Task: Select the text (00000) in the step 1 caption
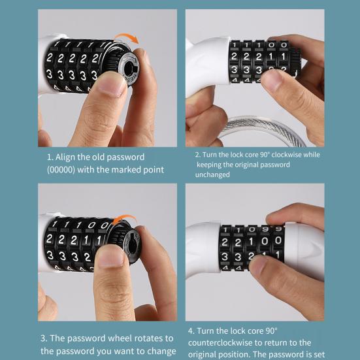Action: point(65,170)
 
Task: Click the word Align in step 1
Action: point(69,157)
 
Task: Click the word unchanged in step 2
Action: point(212,174)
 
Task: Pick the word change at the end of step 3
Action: point(159,351)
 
